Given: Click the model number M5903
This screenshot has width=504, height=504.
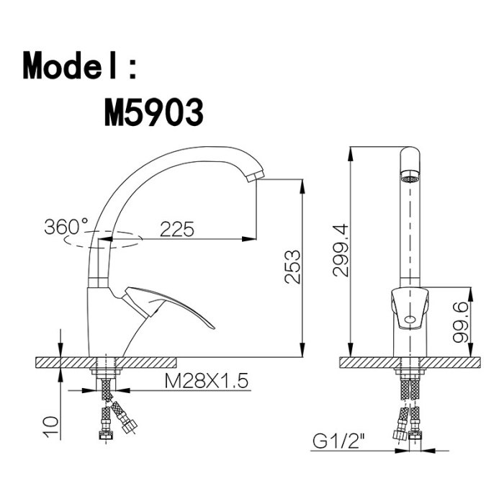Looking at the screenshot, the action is click(x=154, y=112).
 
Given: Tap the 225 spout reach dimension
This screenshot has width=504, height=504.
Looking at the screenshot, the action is click(x=177, y=229).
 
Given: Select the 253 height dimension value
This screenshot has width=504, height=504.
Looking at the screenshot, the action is click(x=292, y=267).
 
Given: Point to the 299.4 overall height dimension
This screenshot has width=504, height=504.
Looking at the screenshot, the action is click(x=341, y=251).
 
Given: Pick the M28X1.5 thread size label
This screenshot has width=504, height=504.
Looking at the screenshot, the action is click(x=207, y=381).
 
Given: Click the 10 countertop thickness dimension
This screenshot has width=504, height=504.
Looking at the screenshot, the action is click(x=51, y=427).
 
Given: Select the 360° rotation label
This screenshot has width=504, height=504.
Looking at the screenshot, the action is click(x=66, y=226).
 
